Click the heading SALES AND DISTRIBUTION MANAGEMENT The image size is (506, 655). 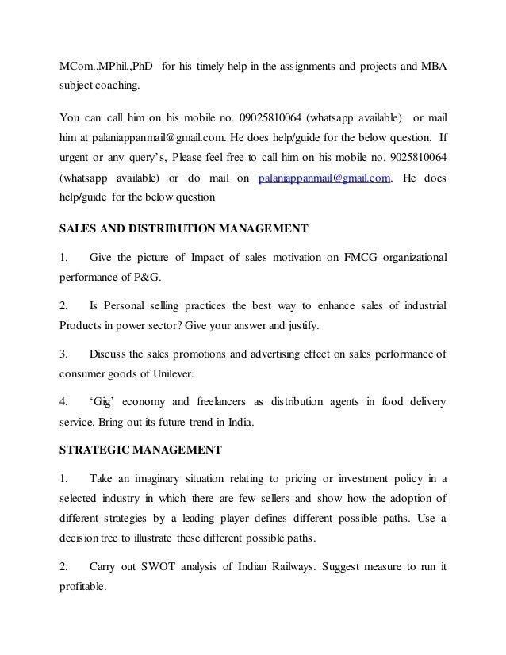click(x=184, y=231)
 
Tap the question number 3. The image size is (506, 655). click(x=64, y=352)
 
